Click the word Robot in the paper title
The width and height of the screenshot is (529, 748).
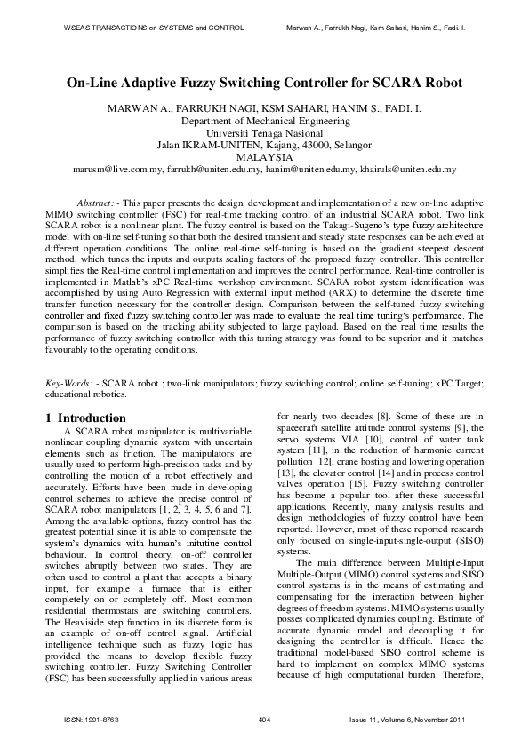pyautogui.click(x=438, y=84)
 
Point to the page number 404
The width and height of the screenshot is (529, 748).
pyautogui.click(x=263, y=718)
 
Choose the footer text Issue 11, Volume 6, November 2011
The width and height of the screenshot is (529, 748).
pyautogui.click(x=416, y=718)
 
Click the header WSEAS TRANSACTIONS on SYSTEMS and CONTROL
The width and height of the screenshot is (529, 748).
pyautogui.click(x=154, y=28)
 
